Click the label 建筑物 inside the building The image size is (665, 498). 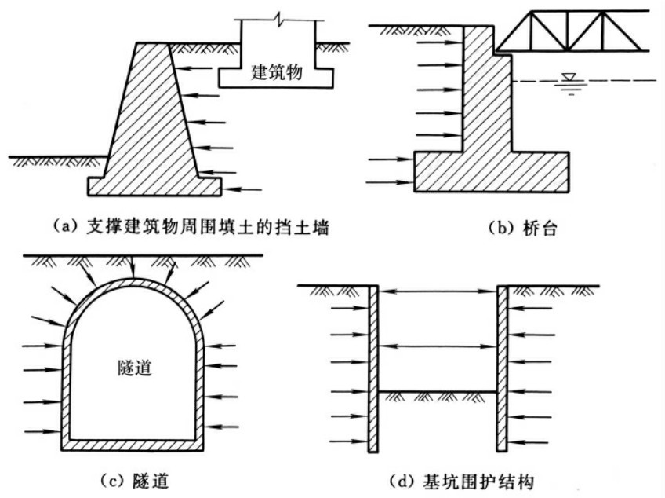(x=277, y=71)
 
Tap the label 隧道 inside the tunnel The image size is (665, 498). (x=135, y=368)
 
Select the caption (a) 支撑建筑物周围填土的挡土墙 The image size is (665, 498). (x=191, y=227)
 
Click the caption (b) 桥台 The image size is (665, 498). (x=521, y=228)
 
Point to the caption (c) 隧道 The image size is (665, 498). (x=134, y=481)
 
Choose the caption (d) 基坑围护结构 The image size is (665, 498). (x=461, y=482)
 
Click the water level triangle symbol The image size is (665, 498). (x=569, y=77)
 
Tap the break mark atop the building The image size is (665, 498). (x=278, y=20)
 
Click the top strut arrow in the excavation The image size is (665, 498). (x=438, y=291)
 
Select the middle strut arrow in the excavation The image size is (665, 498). (x=438, y=346)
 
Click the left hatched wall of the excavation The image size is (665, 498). (x=372, y=369)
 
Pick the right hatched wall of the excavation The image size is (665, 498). (x=502, y=369)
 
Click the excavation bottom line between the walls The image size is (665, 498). (x=438, y=391)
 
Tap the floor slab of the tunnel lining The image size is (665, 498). (x=133, y=445)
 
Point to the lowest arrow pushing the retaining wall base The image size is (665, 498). (x=242, y=189)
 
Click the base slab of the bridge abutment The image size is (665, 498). (x=492, y=172)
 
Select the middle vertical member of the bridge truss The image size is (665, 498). (x=568, y=31)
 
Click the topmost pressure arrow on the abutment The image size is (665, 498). (x=440, y=42)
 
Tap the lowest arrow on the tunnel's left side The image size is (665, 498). (x=43, y=432)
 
